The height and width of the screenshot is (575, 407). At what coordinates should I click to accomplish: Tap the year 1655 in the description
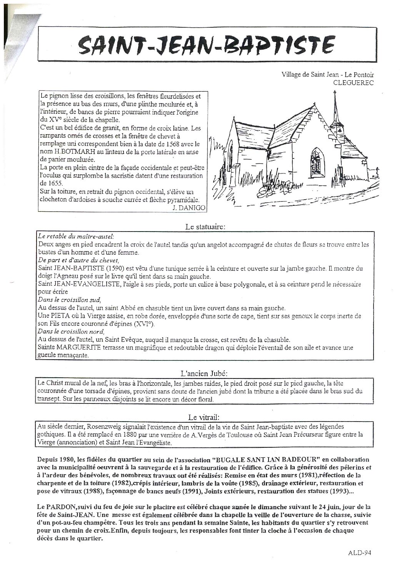pyautogui.click(x=48, y=183)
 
